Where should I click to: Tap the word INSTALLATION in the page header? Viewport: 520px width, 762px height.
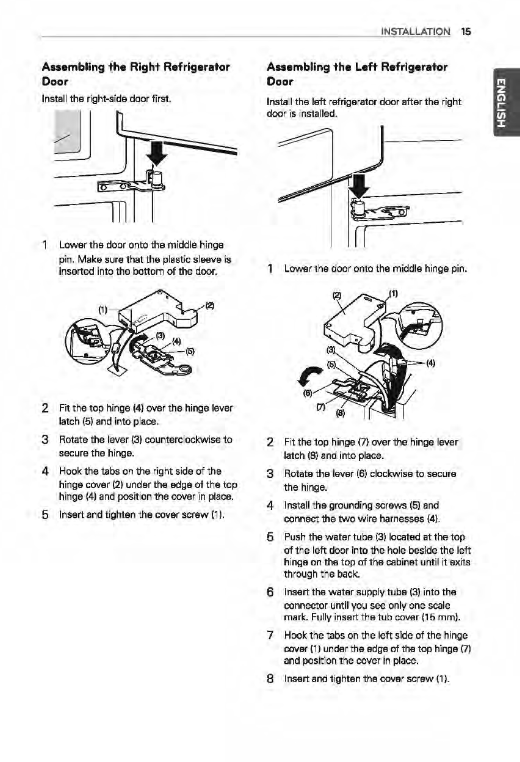coord(415,31)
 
